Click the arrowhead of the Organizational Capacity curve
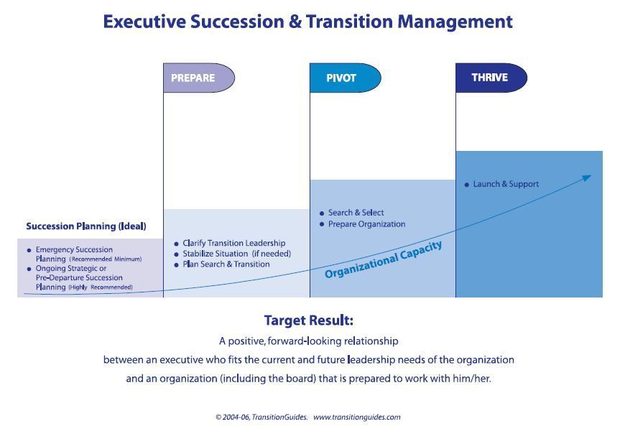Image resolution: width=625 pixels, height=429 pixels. coord(587,177)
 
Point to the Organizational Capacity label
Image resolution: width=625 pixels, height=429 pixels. coord(383,260)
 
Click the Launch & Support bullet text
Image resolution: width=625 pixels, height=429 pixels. coord(505,184)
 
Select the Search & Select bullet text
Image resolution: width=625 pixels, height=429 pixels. coord(356,213)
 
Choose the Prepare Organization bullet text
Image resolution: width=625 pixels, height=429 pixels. coord(366,224)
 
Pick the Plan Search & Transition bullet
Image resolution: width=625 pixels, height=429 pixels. coord(226,264)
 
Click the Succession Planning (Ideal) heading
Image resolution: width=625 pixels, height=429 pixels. coord(85,226)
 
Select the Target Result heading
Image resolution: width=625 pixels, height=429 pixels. coord(308,320)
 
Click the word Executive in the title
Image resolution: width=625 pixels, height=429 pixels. coord(144,22)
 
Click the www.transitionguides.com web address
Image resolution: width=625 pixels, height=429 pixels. coord(356,417)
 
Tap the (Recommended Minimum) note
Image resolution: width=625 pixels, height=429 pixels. coord(106,259)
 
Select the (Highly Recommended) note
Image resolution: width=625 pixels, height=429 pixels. coord(101,287)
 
